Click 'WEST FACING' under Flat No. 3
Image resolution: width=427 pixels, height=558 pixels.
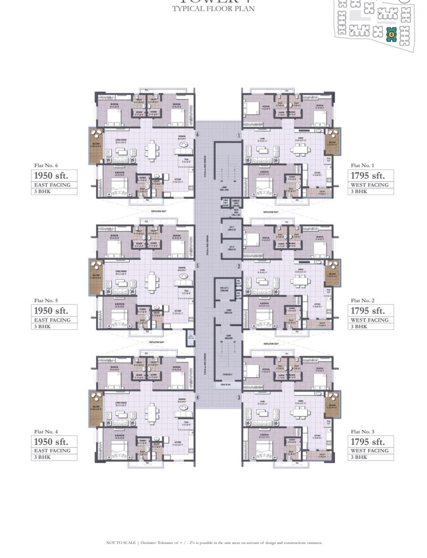(x=370, y=451)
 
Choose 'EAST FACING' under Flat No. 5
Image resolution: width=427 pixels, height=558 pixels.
(x=52, y=320)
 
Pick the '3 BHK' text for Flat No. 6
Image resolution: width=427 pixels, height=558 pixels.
(x=42, y=192)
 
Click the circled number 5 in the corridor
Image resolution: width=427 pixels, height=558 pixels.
(x=197, y=266)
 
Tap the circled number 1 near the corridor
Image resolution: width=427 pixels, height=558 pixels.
(x=239, y=135)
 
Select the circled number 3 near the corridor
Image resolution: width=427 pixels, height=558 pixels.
(x=239, y=398)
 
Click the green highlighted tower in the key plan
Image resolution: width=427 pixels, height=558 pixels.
(x=390, y=35)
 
